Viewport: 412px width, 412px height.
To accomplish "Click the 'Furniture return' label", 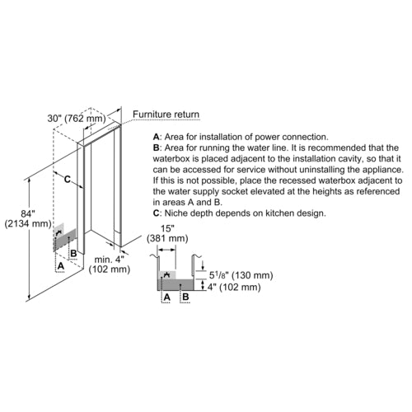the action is pyautogui.click(x=166, y=115).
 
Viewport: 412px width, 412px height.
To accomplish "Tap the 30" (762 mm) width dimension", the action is pyautogui.click(x=77, y=119).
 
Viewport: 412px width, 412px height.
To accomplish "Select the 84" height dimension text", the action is pyautogui.click(x=28, y=213).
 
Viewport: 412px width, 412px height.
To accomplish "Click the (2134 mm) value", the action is pyautogui.click(x=28, y=224).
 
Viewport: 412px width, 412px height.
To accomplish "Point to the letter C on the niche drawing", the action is pyautogui.click(x=68, y=180).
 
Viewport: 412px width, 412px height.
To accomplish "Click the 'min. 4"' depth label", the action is pyautogui.click(x=109, y=259).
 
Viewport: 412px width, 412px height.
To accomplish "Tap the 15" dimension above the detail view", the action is pyautogui.click(x=167, y=228).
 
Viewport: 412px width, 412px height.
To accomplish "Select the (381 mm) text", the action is pyautogui.click(x=167, y=238).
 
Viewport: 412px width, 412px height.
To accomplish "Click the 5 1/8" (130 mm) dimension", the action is pyautogui.click(x=241, y=275).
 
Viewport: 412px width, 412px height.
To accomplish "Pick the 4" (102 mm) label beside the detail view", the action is pyautogui.click(x=234, y=287).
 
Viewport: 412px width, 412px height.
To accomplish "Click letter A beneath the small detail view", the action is pyautogui.click(x=166, y=297).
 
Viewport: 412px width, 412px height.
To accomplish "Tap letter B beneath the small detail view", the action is pyautogui.click(x=185, y=297).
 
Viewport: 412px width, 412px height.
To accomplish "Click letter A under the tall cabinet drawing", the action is pyautogui.click(x=61, y=266).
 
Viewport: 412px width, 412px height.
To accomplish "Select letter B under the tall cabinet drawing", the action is pyautogui.click(x=73, y=253).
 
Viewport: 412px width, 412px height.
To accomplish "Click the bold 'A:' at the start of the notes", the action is pyautogui.click(x=157, y=137).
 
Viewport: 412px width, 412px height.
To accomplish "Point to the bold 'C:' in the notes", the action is pyautogui.click(x=157, y=213).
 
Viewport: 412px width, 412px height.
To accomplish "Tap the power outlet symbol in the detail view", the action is pyautogui.click(x=166, y=274).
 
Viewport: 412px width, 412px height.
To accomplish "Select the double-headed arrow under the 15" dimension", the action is pyautogui.click(x=167, y=250).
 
